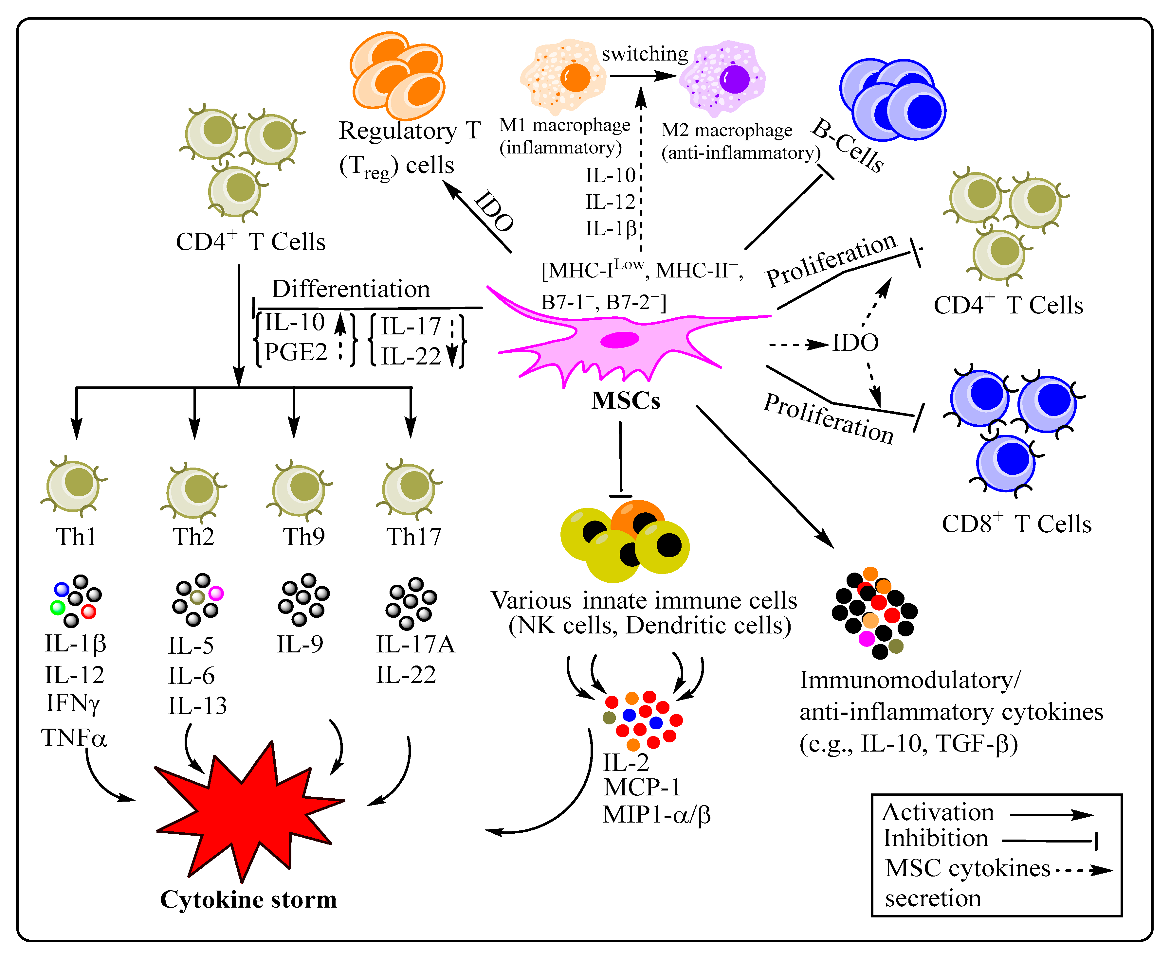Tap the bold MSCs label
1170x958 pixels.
click(626, 400)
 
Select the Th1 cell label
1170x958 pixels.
click(76, 536)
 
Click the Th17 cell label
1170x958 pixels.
click(413, 536)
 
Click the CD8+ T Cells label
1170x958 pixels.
click(1016, 524)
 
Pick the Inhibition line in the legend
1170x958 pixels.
click(1050, 841)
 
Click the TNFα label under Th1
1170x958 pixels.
click(74, 737)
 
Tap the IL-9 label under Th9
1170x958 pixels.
click(300, 644)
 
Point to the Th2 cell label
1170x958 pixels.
click(193, 536)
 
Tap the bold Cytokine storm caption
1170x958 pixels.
click(248, 899)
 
